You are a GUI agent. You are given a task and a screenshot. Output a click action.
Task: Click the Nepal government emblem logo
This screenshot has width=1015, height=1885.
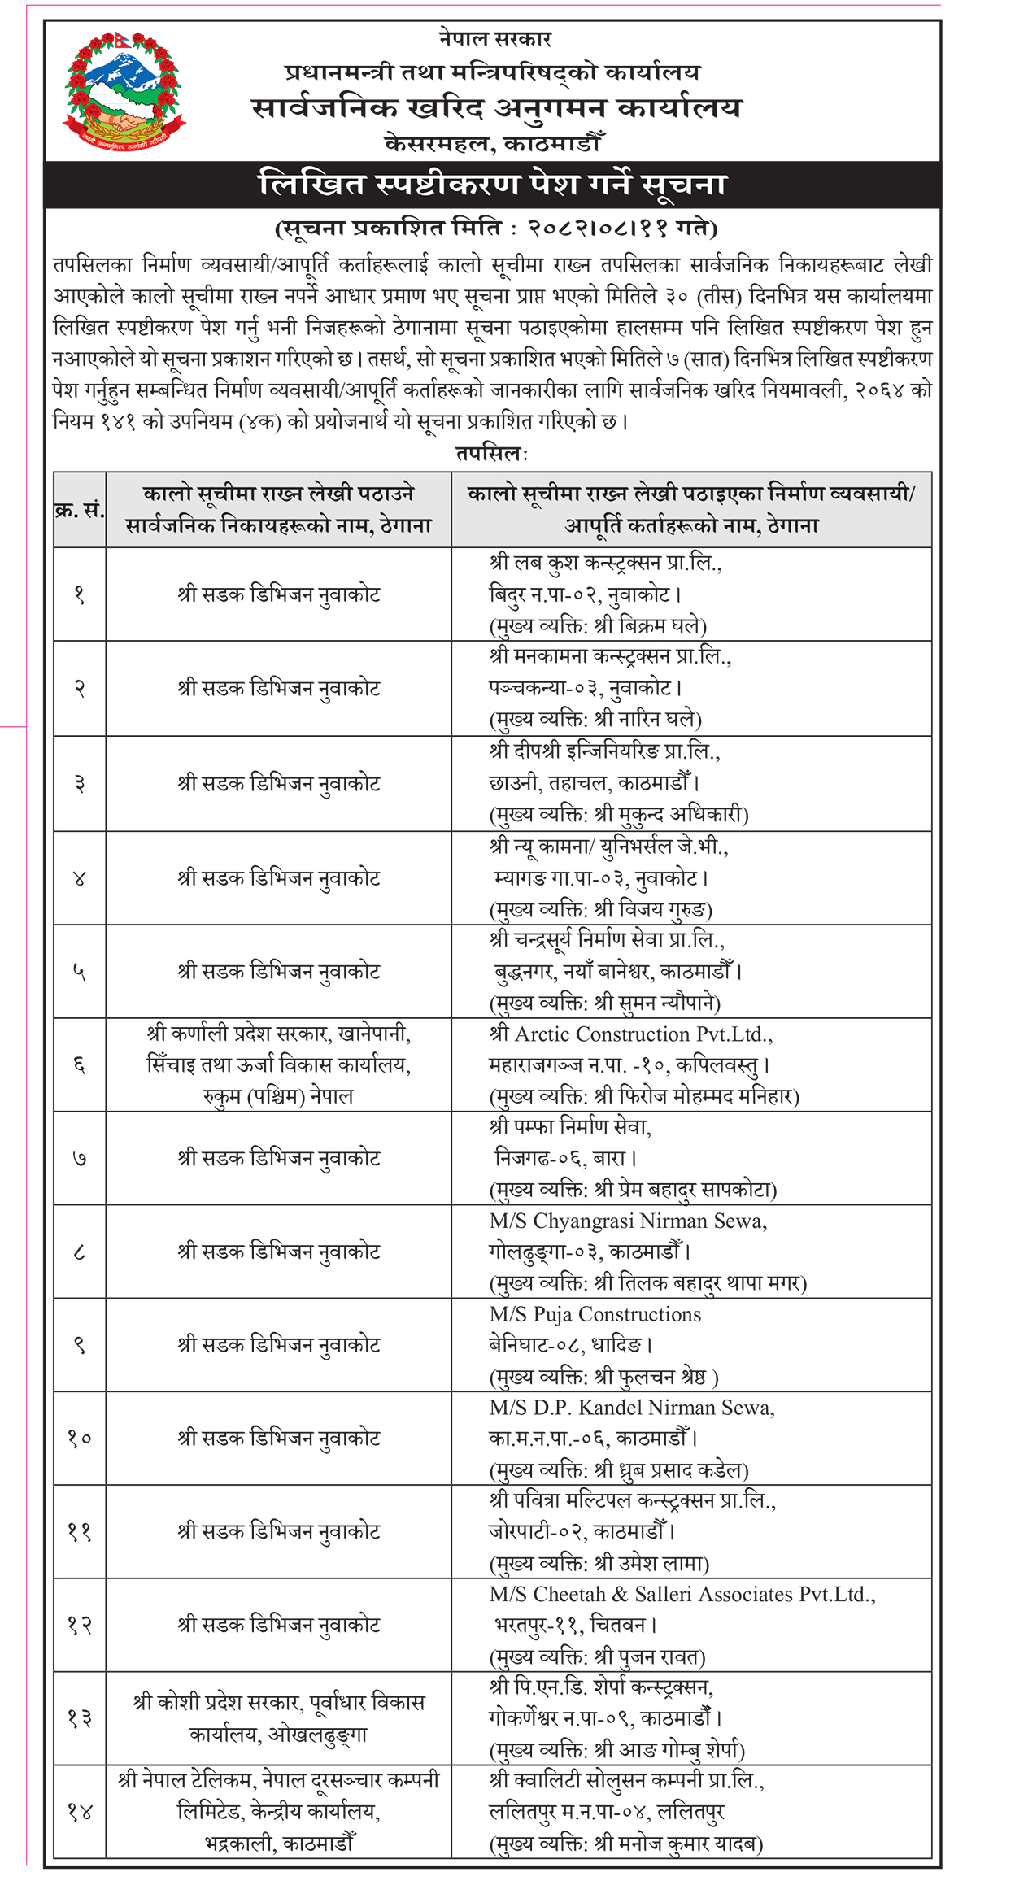tap(124, 91)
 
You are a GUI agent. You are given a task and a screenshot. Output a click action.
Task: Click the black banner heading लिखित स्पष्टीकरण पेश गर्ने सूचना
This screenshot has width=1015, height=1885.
tap(492, 185)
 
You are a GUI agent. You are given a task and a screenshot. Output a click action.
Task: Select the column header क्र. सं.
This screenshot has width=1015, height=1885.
tap(79, 510)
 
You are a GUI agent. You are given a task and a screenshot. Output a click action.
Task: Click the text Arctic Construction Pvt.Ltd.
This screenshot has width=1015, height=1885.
tap(643, 1034)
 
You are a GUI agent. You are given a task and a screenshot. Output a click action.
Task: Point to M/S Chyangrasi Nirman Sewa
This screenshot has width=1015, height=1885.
tap(628, 1221)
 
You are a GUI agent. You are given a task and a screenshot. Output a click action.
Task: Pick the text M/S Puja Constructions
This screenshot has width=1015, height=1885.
tap(595, 1315)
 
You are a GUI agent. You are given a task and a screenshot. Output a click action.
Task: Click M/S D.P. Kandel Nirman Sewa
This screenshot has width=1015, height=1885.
tap(631, 1408)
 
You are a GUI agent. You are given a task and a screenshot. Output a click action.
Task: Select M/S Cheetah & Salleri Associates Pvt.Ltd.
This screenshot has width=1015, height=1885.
tap(682, 1595)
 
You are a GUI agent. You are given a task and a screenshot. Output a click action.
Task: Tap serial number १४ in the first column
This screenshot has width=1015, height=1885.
tap(79, 1812)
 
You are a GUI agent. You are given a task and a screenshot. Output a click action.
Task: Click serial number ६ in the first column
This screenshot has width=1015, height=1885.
tap(79, 1065)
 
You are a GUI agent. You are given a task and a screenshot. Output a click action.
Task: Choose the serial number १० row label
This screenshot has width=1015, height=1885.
tap(79, 1439)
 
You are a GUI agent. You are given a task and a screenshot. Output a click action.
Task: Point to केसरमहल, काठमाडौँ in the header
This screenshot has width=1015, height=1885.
tap(493, 144)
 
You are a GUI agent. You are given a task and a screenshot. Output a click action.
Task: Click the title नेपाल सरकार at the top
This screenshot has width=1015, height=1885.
tap(495, 38)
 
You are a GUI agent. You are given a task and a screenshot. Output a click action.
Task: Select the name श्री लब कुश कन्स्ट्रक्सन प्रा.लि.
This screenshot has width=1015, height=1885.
tap(606, 563)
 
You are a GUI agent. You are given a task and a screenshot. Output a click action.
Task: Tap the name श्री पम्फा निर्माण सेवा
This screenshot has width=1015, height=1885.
tap(570, 1127)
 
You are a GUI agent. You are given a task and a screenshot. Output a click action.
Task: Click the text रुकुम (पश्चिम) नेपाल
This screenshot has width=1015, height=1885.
tap(278, 1096)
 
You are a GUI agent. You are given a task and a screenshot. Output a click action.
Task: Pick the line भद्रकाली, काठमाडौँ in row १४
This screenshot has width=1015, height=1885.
tap(278, 1844)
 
